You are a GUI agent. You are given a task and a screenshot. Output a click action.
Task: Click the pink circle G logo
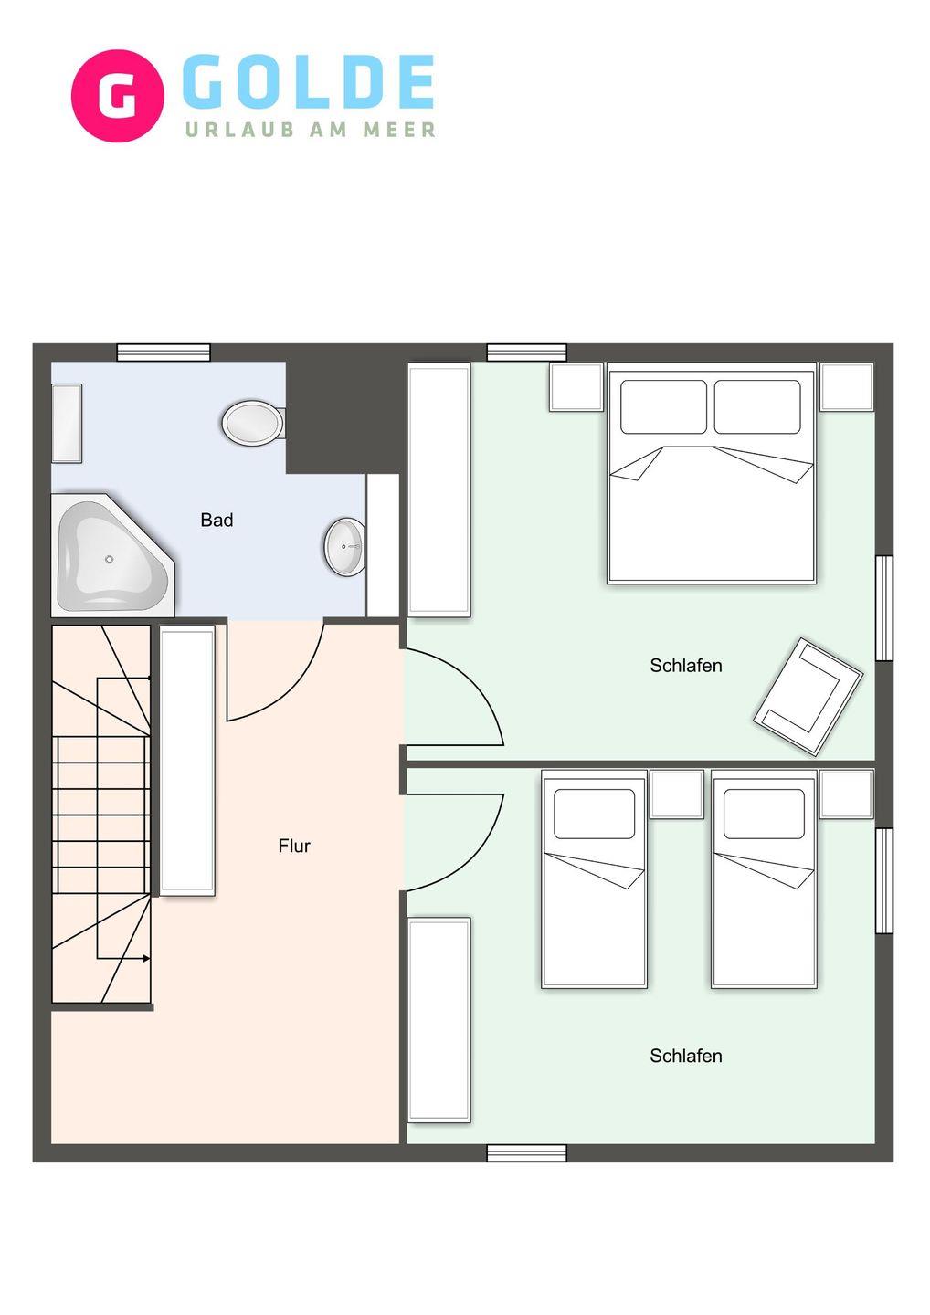118,96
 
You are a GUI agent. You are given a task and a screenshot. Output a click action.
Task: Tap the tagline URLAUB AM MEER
311,129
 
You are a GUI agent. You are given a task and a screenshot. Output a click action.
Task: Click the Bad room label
217,520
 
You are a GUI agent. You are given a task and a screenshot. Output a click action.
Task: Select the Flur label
294,846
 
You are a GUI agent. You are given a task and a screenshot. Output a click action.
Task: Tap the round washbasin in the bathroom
344,546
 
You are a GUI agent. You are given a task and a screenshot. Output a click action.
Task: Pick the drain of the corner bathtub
109,560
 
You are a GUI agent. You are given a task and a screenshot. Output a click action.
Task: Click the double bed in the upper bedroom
712,473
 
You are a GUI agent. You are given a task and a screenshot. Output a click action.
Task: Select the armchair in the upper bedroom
808,697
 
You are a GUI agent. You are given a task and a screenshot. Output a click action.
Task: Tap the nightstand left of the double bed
576,387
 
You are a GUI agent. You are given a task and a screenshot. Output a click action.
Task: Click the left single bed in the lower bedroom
594,879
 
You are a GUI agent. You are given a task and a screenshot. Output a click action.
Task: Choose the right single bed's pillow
764,814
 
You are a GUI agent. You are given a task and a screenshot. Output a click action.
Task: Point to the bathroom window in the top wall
164,352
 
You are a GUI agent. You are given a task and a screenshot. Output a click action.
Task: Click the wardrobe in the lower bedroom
439,1020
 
